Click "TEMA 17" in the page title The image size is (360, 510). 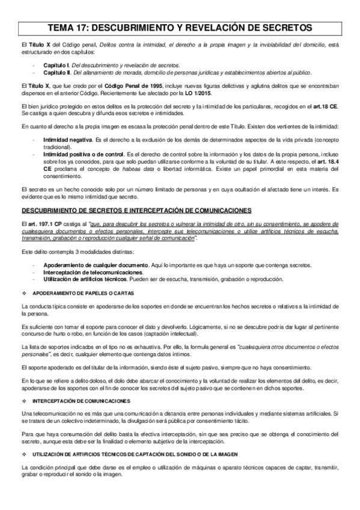[x=72, y=28]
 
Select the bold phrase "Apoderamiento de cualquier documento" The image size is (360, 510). [x=88, y=265]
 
